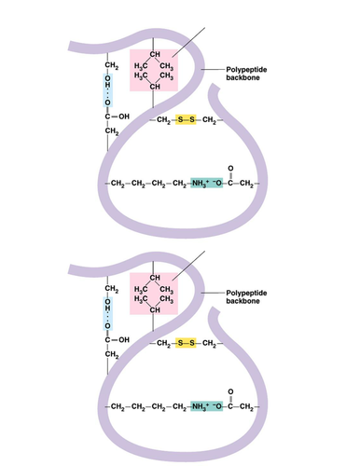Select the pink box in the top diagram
pyautogui.click(x=154, y=71)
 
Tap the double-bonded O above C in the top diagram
pyautogui.click(x=230, y=168)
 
